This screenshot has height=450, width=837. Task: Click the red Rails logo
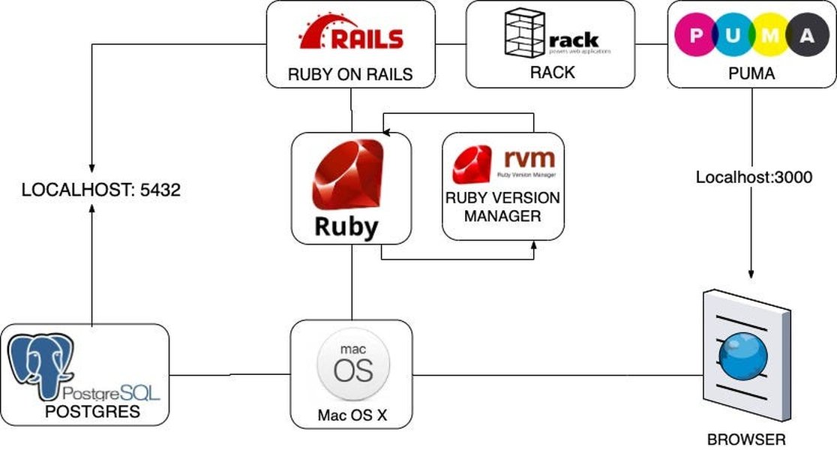coord(351,33)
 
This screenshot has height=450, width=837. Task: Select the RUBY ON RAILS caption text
coord(351,74)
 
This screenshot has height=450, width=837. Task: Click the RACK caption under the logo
coord(552,73)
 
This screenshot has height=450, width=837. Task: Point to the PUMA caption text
coord(751,75)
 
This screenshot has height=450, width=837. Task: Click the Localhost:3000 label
coord(754,178)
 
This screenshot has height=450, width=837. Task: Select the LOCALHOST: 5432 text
coord(101,190)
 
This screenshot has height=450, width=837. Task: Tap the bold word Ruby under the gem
coord(346,226)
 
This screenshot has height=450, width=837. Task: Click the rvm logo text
coord(529,158)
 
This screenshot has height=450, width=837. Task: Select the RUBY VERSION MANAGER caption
coord(502,207)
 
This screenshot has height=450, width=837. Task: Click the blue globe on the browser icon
coord(742,358)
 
